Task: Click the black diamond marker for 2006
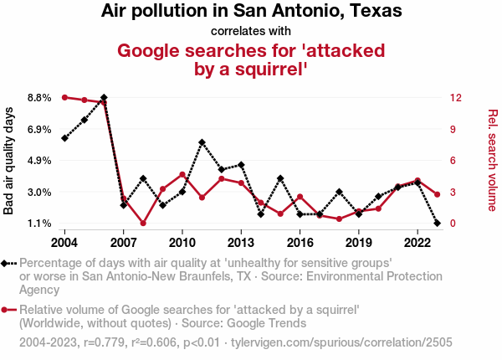pyautogui.click(x=104, y=98)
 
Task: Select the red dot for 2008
pyautogui.click(x=143, y=224)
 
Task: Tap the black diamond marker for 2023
pyautogui.click(x=438, y=224)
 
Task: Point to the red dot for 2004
pyautogui.click(x=64, y=97)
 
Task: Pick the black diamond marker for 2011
pyautogui.click(x=202, y=142)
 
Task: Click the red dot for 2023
pyautogui.click(x=438, y=194)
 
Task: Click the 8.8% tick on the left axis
pyautogui.click(x=39, y=98)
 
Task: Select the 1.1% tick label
pyautogui.click(x=39, y=224)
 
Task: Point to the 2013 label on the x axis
pyautogui.click(x=241, y=243)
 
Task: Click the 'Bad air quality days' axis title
pyautogui.click(x=9, y=161)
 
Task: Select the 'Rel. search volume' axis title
pyautogui.click(x=493, y=161)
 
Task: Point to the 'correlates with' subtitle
pyautogui.click(x=251, y=32)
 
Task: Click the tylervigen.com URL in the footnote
pyautogui.click(x=366, y=342)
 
